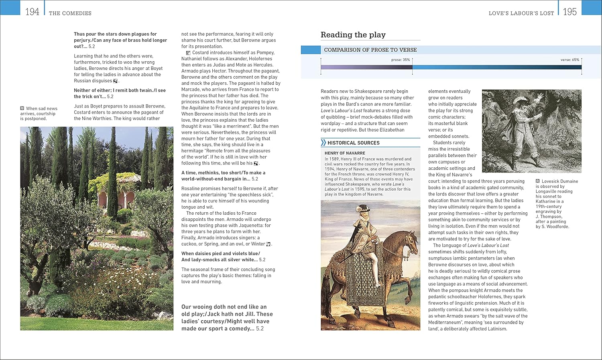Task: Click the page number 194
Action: coord(32,12)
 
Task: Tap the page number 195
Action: coord(569,12)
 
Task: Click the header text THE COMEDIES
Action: coord(70,13)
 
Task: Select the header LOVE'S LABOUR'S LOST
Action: coord(521,13)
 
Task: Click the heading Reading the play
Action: coord(353,35)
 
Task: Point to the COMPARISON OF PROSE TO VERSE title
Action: coord(370,50)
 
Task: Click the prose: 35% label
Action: coord(401,60)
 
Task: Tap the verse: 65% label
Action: coord(570,60)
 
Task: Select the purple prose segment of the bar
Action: coord(366,67)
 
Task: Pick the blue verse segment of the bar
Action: coord(497,67)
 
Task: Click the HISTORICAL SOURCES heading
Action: coord(353,143)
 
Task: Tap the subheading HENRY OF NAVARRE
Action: coord(345,153)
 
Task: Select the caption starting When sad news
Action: coord(39,114)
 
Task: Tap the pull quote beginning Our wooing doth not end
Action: coord(227,317)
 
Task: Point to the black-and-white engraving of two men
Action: coord(531,131)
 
